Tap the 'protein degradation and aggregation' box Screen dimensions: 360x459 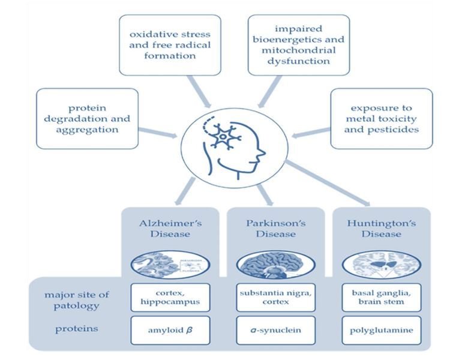tap(88, 119)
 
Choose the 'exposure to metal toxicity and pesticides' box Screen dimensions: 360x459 tap(382, 118)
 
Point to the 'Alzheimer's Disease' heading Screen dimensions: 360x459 tap(170, 229)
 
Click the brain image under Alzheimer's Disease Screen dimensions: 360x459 tap(170, 265)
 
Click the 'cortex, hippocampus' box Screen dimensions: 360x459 tap(170, 297)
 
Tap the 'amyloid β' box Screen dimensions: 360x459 tap(170, 330)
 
